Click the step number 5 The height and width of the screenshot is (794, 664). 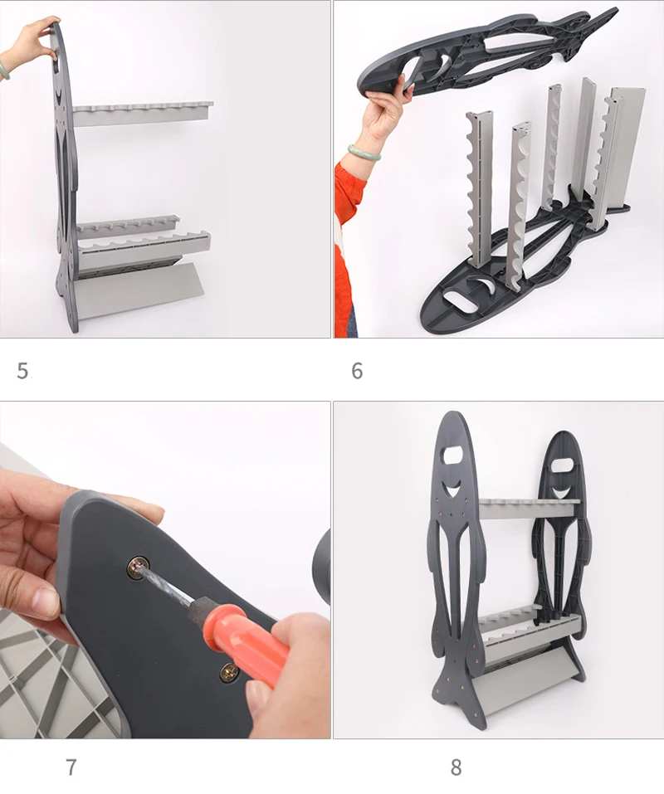(x=22, y=371)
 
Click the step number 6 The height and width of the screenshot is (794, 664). (x=357, y=371)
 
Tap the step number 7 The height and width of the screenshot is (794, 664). (x=71, y=767)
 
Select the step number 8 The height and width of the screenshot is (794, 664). (x=456, y=767)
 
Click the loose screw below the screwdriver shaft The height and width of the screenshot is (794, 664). (x=229, y=673)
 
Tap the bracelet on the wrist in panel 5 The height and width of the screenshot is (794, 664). (x=4, y=70)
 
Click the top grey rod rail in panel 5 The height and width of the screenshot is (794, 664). (x=142, y=112)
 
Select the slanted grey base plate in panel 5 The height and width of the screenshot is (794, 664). (x=140, y=291)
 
